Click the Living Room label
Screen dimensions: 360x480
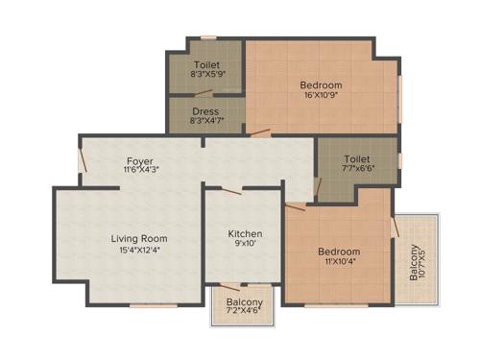pyautogui.click(x=139, y=238)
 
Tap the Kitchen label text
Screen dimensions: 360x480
pyautogui.click(x=245, y=233)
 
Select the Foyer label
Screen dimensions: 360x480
pyautogui.click(x=140, y=160)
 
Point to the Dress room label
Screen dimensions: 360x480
pyautogui.click(x=206, y=110)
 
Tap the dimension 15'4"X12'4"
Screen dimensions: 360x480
pyautogui.click(x=139, y=251)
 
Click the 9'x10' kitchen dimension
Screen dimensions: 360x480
pyautogui.click(x=244, y=246)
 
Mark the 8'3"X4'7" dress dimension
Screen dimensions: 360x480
pyautogui.click(x=206, y=122)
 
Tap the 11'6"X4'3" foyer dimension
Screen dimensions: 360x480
pyautogui.click(x=140, y=171)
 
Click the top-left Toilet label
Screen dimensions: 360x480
pyautogui.click(x=206, y=61)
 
